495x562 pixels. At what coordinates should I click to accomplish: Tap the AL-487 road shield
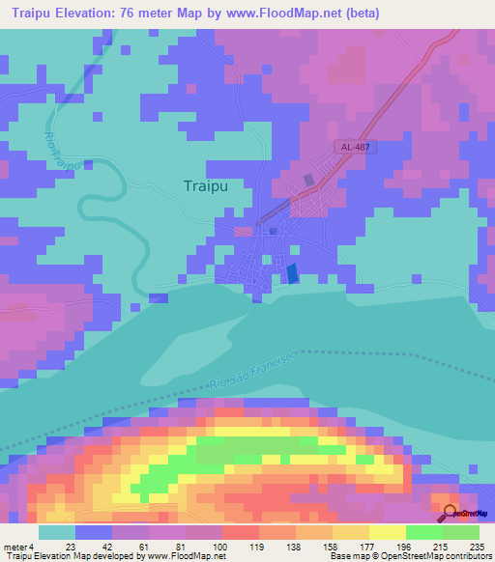(356, 147)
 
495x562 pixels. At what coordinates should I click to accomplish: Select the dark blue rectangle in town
(292, 274)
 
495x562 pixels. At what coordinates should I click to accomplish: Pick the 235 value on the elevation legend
(477, 546)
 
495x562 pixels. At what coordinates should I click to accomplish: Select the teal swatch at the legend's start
(57, 532)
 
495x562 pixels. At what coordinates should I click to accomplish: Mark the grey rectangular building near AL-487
(309, 180)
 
